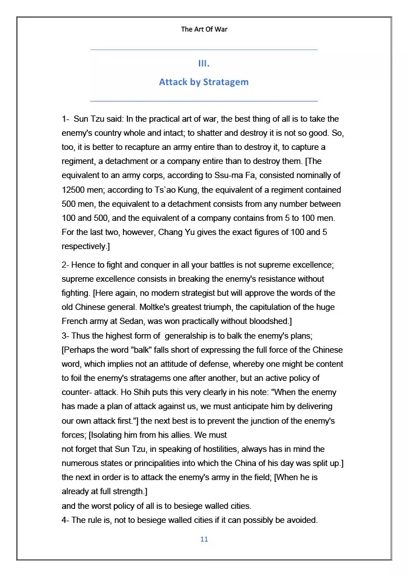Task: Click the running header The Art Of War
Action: pyautogui.click(x=204, y=29)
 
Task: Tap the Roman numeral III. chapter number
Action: pyautogui.click(x=204, y=63)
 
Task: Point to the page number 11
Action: pyautogui.click(x=204, y=539)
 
